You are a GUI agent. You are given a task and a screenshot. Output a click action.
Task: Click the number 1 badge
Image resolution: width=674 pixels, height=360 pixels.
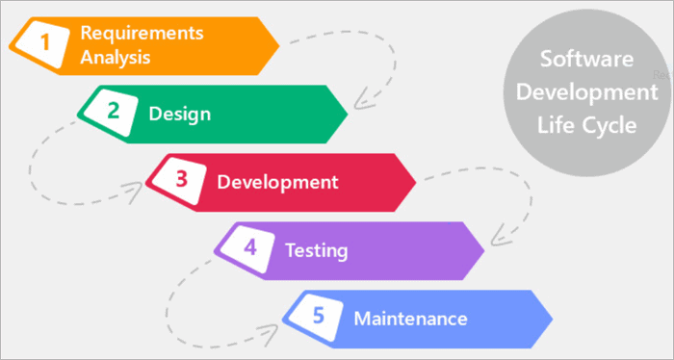coord(42,41)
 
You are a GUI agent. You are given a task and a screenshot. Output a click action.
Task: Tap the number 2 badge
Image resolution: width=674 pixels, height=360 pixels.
coord(112,111)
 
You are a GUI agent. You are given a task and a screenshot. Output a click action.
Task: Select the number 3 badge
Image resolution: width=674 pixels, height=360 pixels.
coord(181,180)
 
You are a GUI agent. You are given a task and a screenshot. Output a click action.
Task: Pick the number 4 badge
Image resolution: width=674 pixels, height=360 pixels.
coord(250,248)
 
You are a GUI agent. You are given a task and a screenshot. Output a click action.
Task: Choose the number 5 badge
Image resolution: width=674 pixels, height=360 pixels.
coord(320,318)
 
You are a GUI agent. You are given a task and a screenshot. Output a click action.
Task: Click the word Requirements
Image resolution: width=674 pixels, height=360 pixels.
coord(142,32)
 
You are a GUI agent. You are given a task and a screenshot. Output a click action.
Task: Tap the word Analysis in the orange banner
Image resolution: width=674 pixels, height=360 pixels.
coord(117,56)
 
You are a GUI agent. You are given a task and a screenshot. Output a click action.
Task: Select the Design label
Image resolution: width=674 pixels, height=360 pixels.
coord(179,113)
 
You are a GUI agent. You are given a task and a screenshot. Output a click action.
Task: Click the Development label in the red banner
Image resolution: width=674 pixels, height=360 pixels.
coord(277,181)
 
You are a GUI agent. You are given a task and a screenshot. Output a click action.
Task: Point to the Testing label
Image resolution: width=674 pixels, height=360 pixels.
coord(316,250)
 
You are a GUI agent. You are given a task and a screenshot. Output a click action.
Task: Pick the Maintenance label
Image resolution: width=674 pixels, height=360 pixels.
coord(410,319)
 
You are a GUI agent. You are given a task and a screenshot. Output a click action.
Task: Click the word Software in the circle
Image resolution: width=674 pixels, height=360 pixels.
coord(586,60)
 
